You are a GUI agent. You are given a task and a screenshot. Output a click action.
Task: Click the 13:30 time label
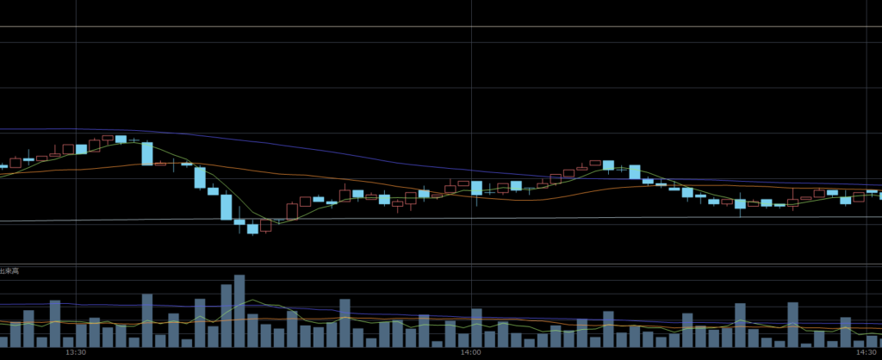click(x=76, y=352)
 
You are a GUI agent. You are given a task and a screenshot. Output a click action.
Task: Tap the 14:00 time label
click(x=470, y=352)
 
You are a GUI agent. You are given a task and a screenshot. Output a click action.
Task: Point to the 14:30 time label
click(x=865, y=352)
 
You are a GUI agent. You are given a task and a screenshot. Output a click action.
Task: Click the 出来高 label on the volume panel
click(x=9, y=271)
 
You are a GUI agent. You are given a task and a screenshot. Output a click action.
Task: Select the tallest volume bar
click(x=239, y=311)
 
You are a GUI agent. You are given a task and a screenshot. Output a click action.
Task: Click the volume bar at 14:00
click(x=476, y=327)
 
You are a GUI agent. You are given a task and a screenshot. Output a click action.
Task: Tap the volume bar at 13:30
click(x=81, y=333)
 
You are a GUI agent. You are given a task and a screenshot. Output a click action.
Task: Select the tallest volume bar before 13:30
click(x=54, y=323)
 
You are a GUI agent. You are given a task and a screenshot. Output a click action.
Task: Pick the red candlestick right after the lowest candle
click(x=265, y=227)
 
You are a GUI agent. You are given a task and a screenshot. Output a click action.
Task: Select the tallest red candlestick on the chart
click(x=292, y=210)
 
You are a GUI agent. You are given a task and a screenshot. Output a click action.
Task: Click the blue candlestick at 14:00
click(x=476, y=188)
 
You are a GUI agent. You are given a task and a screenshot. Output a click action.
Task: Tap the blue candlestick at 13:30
click(x=81, y=149)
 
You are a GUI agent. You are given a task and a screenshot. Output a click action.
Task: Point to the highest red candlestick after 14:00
click(x=594, y=163)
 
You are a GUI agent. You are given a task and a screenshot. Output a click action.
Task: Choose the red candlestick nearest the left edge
click(x=15, y=162)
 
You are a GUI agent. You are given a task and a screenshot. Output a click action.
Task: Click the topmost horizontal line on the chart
click(x=441, y=27)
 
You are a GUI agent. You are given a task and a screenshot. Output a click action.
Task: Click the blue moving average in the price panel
click(x=345, y=151)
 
